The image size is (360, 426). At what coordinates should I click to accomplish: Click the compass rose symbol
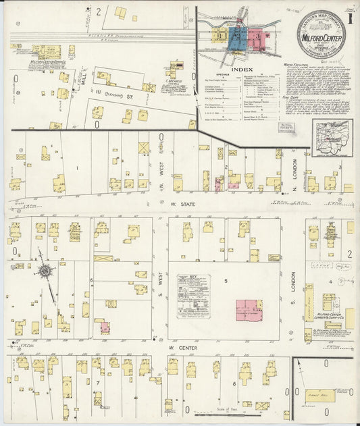click(46, 270)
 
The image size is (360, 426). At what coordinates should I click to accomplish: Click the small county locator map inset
click(334, 136)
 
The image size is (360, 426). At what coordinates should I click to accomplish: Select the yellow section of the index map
click(222, 37)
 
